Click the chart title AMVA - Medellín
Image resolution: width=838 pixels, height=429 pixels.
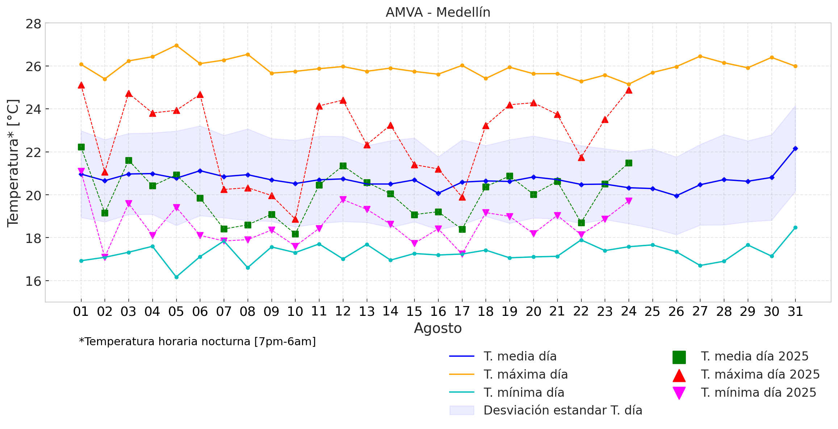(438, 13)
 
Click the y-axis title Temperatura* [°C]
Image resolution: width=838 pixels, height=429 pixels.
(13, 163)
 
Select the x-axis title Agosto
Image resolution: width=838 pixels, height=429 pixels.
(438, 328)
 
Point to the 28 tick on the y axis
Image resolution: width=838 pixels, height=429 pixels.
(33, 24)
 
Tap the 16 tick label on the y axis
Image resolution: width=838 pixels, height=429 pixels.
(33, 281)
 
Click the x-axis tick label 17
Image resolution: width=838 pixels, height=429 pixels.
(462, 312)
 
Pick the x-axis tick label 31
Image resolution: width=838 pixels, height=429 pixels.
(795, 312)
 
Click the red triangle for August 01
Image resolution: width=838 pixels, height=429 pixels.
(81, 85)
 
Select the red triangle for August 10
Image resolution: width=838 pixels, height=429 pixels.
(295, 219)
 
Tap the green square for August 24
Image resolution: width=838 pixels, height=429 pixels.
(629, 163)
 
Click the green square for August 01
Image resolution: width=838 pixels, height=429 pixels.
(81, 147)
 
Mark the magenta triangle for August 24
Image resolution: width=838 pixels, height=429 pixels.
(629, 201)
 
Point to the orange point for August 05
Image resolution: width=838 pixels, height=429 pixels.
(176, 45)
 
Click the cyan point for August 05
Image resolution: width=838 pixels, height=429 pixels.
(176, 277)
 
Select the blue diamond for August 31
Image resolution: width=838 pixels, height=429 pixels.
(795, 148)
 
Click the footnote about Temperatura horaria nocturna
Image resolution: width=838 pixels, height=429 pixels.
(197, 342)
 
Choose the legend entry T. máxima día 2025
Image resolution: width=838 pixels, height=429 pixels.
(760, 374)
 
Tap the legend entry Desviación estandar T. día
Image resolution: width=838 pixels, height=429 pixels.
(563, 410)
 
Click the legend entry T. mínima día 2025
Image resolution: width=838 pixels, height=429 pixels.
(758, 392)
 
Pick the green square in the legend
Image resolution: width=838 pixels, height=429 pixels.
(679, 357)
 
